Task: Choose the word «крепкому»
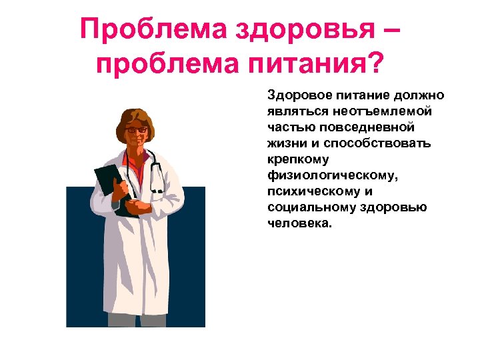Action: pos(293,160)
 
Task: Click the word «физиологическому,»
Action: pos(323,175)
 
